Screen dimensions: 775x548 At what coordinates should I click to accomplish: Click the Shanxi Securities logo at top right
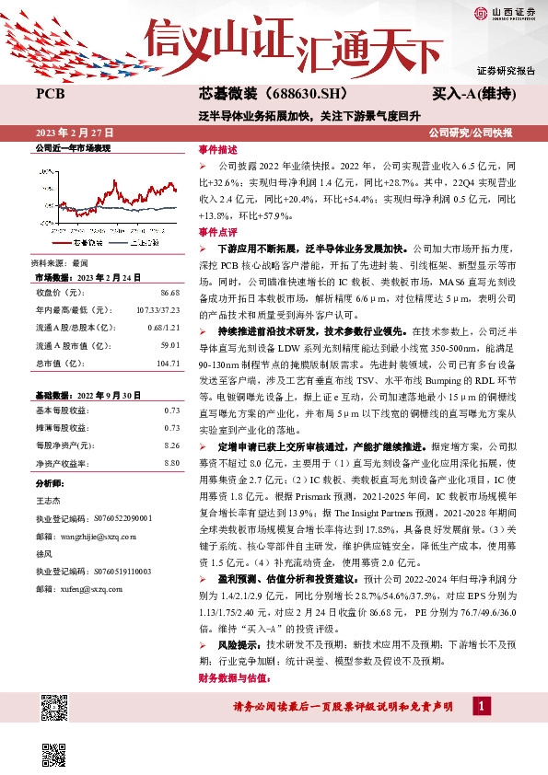tap(506, 12)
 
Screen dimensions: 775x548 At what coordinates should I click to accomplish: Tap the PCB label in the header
tap(50, 94)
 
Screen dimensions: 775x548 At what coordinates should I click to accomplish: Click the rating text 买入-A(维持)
tap(474, 94)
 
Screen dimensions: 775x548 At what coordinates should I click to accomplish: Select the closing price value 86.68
tap(169, 292)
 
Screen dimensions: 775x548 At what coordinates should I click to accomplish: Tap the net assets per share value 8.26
tap(170, 445)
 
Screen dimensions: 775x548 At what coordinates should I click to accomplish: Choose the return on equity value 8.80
tap(170, 462)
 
